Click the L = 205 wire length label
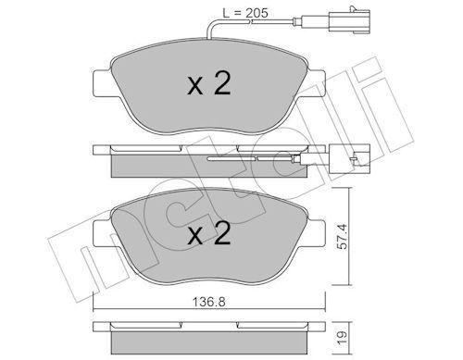pos(245,13)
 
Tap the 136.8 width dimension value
pos(209,302)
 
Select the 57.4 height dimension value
pos(343,237)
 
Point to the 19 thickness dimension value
pos(343,334)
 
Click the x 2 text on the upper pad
pos(209,83)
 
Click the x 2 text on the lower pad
pos(209,233)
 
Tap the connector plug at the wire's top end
pos(350,21)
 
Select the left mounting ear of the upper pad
pos(102,83)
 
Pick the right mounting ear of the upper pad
pos(316,83)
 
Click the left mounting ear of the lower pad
pos(102,233)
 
